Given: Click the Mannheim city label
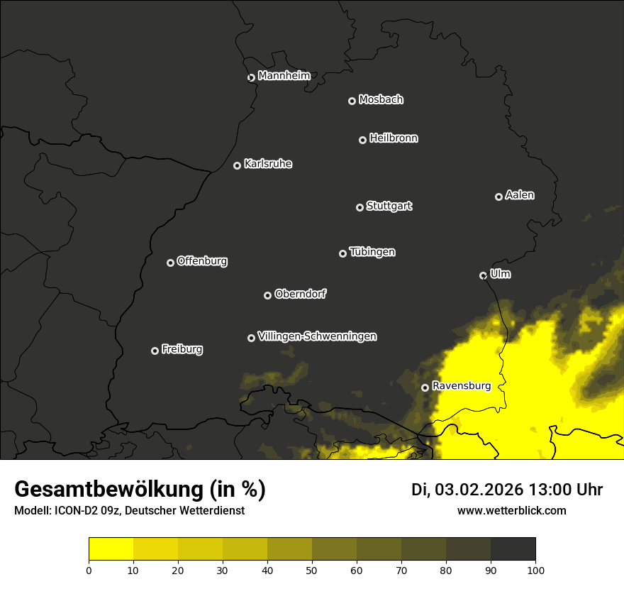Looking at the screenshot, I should [x=284, y=76].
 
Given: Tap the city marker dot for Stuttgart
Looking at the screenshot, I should [x=360, y=207].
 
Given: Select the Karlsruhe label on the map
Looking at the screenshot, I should [x=267, y=164].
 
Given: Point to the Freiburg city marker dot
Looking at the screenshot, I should [x=155, y=351].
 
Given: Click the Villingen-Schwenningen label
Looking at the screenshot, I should [x=317, y=336].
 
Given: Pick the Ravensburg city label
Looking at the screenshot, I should [x=461, y=386].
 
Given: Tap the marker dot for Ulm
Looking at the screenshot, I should [x=483, y=275].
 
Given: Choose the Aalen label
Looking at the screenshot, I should [x=519, y=195].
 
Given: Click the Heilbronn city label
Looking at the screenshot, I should [x=393, y=138].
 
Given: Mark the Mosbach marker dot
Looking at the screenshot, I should [x=352, y=101].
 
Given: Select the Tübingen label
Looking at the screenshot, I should [x=372, y=252].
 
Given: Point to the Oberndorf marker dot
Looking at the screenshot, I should [x=267, y=295].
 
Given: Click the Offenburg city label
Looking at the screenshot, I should [x=201, y=261].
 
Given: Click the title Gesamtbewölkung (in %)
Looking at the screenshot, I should [x=140, y=490].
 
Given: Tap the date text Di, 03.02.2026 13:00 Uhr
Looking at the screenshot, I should [x=506, y=490].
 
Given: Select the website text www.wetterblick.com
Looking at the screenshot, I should [x=511, y=510].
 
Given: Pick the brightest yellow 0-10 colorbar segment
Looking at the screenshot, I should [x=111, y=549].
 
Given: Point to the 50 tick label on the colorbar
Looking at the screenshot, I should [x=312, y=569].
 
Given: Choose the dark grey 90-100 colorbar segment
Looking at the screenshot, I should [x=513, y=549].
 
